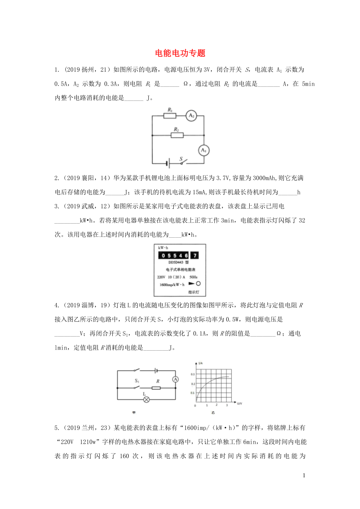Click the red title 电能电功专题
[180, 53]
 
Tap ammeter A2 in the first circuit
[191, 116]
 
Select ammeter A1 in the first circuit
[203, 150]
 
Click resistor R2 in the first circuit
[177, 135]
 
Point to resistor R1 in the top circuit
[170, 116]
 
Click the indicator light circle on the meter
[198, 284]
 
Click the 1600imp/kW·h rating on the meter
[172, 284]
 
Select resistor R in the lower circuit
[157, 388]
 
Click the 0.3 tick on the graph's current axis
[193, 375]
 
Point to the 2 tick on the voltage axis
[217, 406]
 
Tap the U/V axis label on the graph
[239, 403]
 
